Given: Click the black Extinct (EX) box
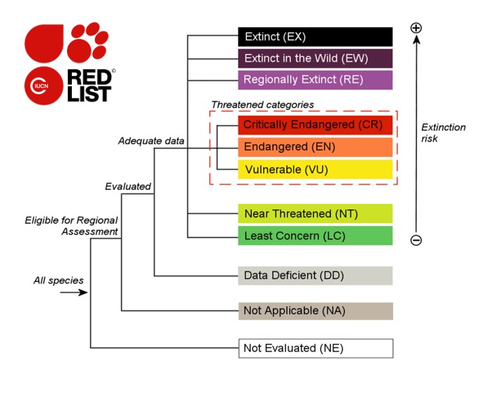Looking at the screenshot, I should [315, 36].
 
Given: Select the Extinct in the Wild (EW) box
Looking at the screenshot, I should [315, 58].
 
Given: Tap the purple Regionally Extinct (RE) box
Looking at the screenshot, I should [315, 80].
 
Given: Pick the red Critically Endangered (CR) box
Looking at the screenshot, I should [315, 125].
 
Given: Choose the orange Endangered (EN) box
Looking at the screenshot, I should [315, 147].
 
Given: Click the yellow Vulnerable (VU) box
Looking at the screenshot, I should [315, 170].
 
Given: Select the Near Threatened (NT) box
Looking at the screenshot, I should [315, 214].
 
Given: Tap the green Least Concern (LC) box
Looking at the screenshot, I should [315, 236].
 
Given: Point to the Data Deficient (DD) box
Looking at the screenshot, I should [315, 275].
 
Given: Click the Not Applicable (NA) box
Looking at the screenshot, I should [315, 310].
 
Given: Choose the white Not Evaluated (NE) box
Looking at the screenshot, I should [315, 347].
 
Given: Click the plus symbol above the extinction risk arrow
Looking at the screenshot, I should [416, 28].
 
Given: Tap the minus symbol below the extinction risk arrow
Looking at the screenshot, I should [416, 241].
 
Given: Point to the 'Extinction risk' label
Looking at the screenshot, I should [443, 133].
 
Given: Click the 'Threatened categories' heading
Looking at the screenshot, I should [262, 105].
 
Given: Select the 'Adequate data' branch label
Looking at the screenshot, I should [151, 141].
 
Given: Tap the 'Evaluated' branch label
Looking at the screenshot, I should [128, 186].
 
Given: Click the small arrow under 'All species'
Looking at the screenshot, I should [73, 292].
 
